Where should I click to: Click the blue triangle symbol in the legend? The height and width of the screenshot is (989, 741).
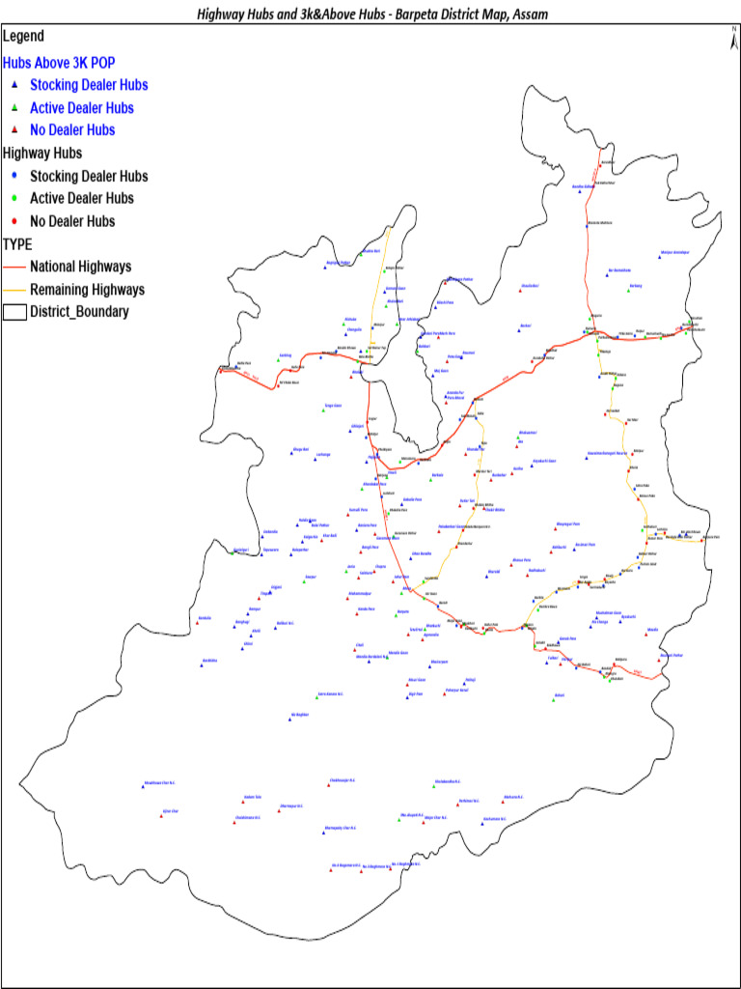click(14, 85)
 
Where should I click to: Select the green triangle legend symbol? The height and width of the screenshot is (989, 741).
click(14, 107)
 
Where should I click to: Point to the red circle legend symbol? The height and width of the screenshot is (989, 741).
click(14, 221)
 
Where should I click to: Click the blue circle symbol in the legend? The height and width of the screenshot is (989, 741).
click(14, 176)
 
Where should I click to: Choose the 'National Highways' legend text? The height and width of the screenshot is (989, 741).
click(80, 267)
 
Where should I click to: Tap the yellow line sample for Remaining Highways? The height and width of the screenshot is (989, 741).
click(14, 290)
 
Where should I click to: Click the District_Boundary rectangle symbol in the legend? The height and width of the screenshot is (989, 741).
click(14, 312)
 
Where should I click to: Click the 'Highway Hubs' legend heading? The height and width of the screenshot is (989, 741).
click(42, 153)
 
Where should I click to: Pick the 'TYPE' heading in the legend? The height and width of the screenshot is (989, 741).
click(17, 244)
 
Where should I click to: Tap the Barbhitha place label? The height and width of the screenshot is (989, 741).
click(209, 661)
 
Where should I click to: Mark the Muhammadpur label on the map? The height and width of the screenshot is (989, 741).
click(360, 593)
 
